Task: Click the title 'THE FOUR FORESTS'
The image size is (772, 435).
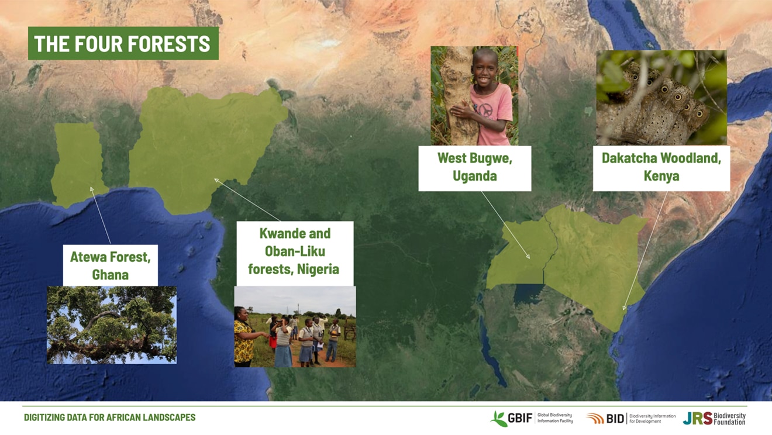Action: coord(123,43)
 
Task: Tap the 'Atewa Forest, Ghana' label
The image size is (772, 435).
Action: coord(111,265)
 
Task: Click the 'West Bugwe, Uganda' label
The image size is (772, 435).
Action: coord(474,168)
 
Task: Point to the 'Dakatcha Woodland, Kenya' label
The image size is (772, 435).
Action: coord(661,168)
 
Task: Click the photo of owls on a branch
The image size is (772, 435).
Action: coord(661,98)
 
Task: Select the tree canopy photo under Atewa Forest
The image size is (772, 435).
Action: coord(112,324)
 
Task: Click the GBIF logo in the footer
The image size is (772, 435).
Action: coord(532,419)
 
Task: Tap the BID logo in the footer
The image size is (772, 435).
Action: coord(630,419)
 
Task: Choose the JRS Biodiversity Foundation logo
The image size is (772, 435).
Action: coord(714,419)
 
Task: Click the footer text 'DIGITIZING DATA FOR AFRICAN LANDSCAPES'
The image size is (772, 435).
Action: coord(109,417)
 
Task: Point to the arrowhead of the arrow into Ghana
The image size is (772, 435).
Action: coord(91,189)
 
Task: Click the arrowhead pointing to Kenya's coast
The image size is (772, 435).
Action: coord(624,308)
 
